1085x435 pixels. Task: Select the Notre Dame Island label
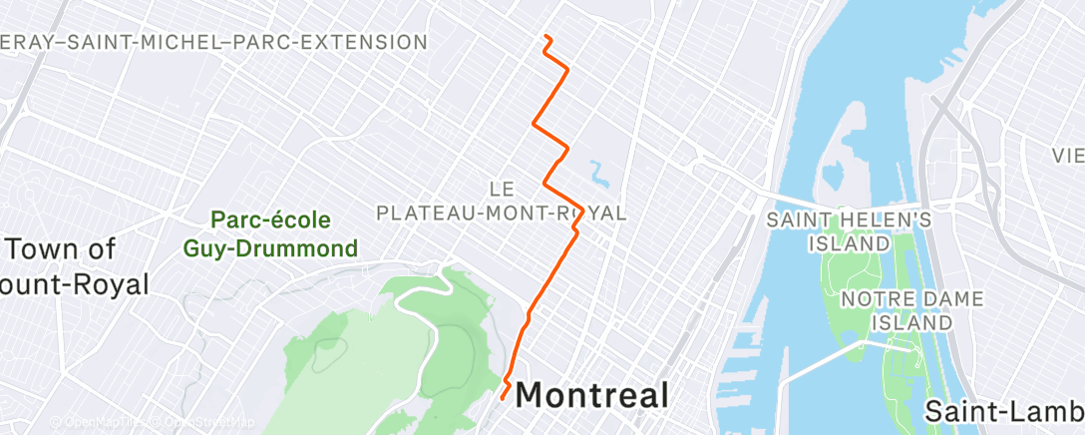point(899,310)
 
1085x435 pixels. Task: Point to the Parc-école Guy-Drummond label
point(270,233)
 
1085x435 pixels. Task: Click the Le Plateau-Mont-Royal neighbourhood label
point(502,201)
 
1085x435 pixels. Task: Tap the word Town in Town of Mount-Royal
point(61,248)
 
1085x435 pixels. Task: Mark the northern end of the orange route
point(545,37)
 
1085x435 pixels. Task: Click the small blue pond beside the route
point(598,176)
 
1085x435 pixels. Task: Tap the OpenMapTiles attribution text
point(100,423)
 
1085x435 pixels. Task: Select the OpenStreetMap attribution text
point(203,423)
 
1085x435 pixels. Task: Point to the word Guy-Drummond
point(270,247)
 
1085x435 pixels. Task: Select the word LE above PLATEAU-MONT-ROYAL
point(502,188)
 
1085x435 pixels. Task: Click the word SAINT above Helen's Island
point(797,218)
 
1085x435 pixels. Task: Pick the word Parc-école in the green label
point(270,219)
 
